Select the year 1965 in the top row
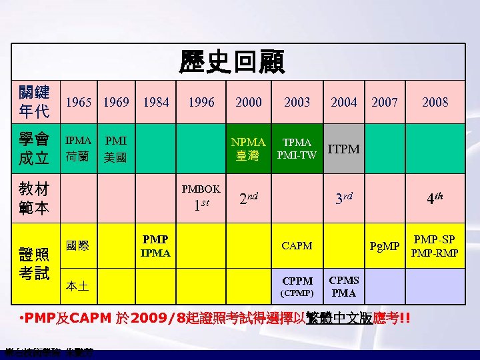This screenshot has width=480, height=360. pos(79,102)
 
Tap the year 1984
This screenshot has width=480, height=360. pos(155,102)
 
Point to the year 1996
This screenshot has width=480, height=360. pos(201,102)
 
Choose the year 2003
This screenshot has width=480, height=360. pos(297,102)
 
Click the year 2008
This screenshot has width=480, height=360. pos(435,102)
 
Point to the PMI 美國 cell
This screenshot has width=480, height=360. pos(116,150)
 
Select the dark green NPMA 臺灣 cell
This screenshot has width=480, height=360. pos(248,149)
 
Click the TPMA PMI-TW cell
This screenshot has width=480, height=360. pos(297,149)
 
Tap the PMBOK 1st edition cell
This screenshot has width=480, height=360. pos(201,197)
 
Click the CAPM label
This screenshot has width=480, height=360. pos(297,245)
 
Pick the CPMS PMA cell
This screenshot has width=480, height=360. pos(344,286)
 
